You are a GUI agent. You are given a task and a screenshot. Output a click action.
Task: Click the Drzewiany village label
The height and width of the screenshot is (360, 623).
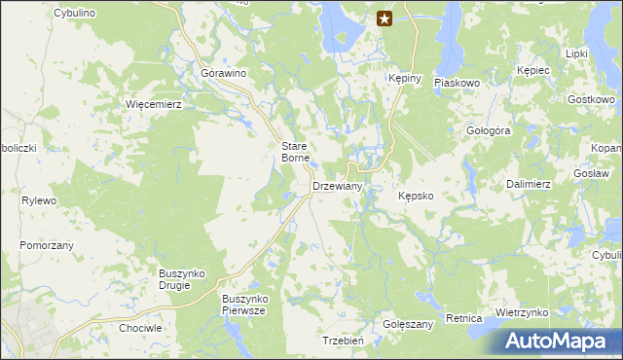click(338, 186)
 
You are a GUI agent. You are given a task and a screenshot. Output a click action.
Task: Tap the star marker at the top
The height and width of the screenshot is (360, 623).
click(385, 18)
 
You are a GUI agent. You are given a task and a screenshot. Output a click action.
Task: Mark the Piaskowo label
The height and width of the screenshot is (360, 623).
click(458, 84)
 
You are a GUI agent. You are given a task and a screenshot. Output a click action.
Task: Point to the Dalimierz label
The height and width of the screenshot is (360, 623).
click(531, 183)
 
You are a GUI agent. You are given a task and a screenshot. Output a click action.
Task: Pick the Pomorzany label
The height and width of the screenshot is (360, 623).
click(46, 245)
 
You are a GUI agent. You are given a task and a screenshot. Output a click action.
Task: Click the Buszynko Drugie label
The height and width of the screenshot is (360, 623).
click(181, 280)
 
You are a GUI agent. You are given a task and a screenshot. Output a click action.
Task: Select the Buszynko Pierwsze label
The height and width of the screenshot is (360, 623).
click(244, 304)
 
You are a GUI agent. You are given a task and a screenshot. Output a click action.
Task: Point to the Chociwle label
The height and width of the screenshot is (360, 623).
click(139, 329)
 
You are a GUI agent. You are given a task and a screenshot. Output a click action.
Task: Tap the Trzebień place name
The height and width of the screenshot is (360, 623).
click(343, 341)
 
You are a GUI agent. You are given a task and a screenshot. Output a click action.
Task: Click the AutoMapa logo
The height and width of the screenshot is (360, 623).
click(562, 341)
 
